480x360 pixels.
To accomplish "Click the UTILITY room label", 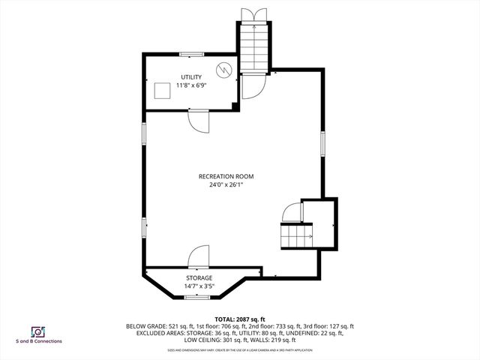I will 191,77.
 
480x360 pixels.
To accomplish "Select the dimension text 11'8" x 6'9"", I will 191,85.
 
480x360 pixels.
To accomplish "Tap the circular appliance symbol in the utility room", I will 223,70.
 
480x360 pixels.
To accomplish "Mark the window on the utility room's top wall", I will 191,53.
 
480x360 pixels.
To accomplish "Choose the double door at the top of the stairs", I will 253,15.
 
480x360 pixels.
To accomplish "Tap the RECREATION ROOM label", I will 226,176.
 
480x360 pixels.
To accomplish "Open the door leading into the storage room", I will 198,257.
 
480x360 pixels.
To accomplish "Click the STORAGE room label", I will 199,278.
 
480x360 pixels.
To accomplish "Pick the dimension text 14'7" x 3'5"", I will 199,286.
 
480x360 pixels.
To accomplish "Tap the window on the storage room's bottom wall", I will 198,298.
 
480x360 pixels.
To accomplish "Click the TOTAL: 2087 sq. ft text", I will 240,319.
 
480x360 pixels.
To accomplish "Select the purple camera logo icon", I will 36,331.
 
